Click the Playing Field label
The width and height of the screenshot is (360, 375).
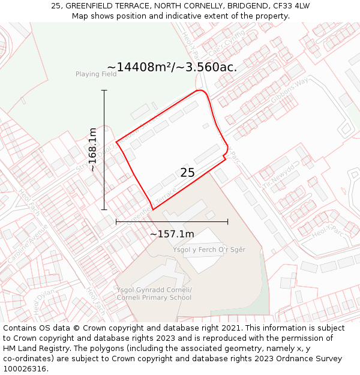click(96, 74)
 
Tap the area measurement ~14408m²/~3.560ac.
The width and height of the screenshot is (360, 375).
click(172, 67)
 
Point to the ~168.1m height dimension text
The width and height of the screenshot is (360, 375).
click(93, 149)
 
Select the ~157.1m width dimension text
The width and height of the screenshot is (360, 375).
click(172, 234)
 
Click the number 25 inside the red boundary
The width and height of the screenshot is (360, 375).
click(187, 173)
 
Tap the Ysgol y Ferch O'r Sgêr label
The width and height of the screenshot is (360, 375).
click(209, 249)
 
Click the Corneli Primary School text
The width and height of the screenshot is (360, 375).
click(154, 298)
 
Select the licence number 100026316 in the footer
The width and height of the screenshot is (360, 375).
click(24, 369)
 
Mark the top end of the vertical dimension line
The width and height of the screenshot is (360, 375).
click(104, 91)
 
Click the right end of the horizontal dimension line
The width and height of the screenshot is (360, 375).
click(228, 221)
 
